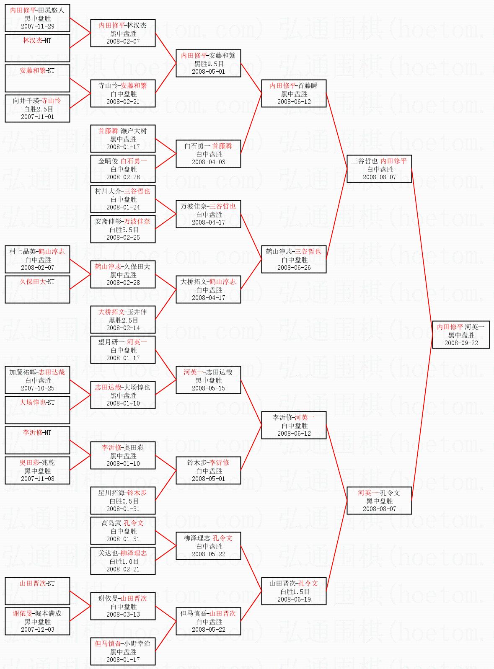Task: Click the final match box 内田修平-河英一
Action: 460,335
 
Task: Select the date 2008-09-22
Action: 461,343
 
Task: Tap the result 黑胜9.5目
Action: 209,64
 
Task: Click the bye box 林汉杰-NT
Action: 37,48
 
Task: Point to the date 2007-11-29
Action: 38,26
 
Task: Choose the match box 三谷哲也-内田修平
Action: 379,169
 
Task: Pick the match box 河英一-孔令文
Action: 379,501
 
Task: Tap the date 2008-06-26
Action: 294,267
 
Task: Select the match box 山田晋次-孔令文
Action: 294,591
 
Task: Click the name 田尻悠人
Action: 51,10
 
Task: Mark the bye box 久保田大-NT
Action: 37,289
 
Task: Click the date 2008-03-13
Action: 123,614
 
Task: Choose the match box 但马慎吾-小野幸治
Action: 123,651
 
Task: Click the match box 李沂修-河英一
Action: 294,425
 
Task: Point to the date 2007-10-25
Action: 38,388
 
